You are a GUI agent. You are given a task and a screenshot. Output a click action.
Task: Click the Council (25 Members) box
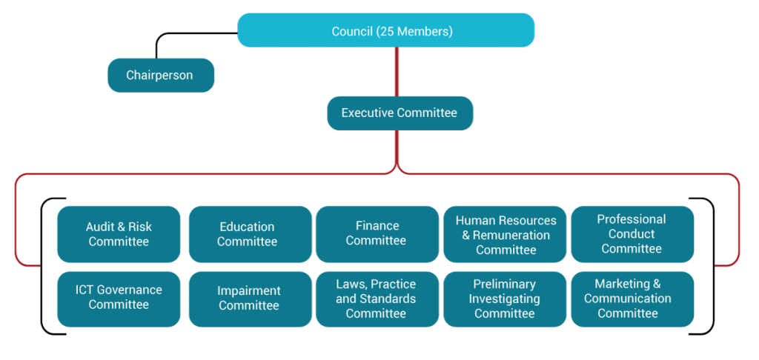coord(385,30)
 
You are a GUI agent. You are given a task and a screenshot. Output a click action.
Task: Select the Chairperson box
coord(161,75)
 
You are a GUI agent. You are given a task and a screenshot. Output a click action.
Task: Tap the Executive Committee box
coord(400,113)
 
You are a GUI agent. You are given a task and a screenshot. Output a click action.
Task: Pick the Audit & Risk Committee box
coord(119,234)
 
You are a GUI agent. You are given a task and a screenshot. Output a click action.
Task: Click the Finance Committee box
coord(377,234)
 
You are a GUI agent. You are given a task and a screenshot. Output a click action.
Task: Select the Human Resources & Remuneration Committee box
coord(505,234)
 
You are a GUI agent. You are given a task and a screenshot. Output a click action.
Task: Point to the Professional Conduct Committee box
coord(632,234)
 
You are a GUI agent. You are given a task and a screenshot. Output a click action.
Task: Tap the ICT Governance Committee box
coord(119,299)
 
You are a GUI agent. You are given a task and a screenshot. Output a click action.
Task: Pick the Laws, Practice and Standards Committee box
coord(377,299)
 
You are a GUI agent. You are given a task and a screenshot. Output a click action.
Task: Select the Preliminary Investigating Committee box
coord(505,299)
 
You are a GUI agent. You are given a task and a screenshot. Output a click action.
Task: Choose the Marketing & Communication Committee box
coord(632,299)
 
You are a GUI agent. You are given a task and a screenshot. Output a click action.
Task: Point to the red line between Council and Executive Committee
coord(397,72)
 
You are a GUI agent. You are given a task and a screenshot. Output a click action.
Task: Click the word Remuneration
coord(511,235)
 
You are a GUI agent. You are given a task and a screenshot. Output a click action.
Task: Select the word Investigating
coord(504,299)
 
